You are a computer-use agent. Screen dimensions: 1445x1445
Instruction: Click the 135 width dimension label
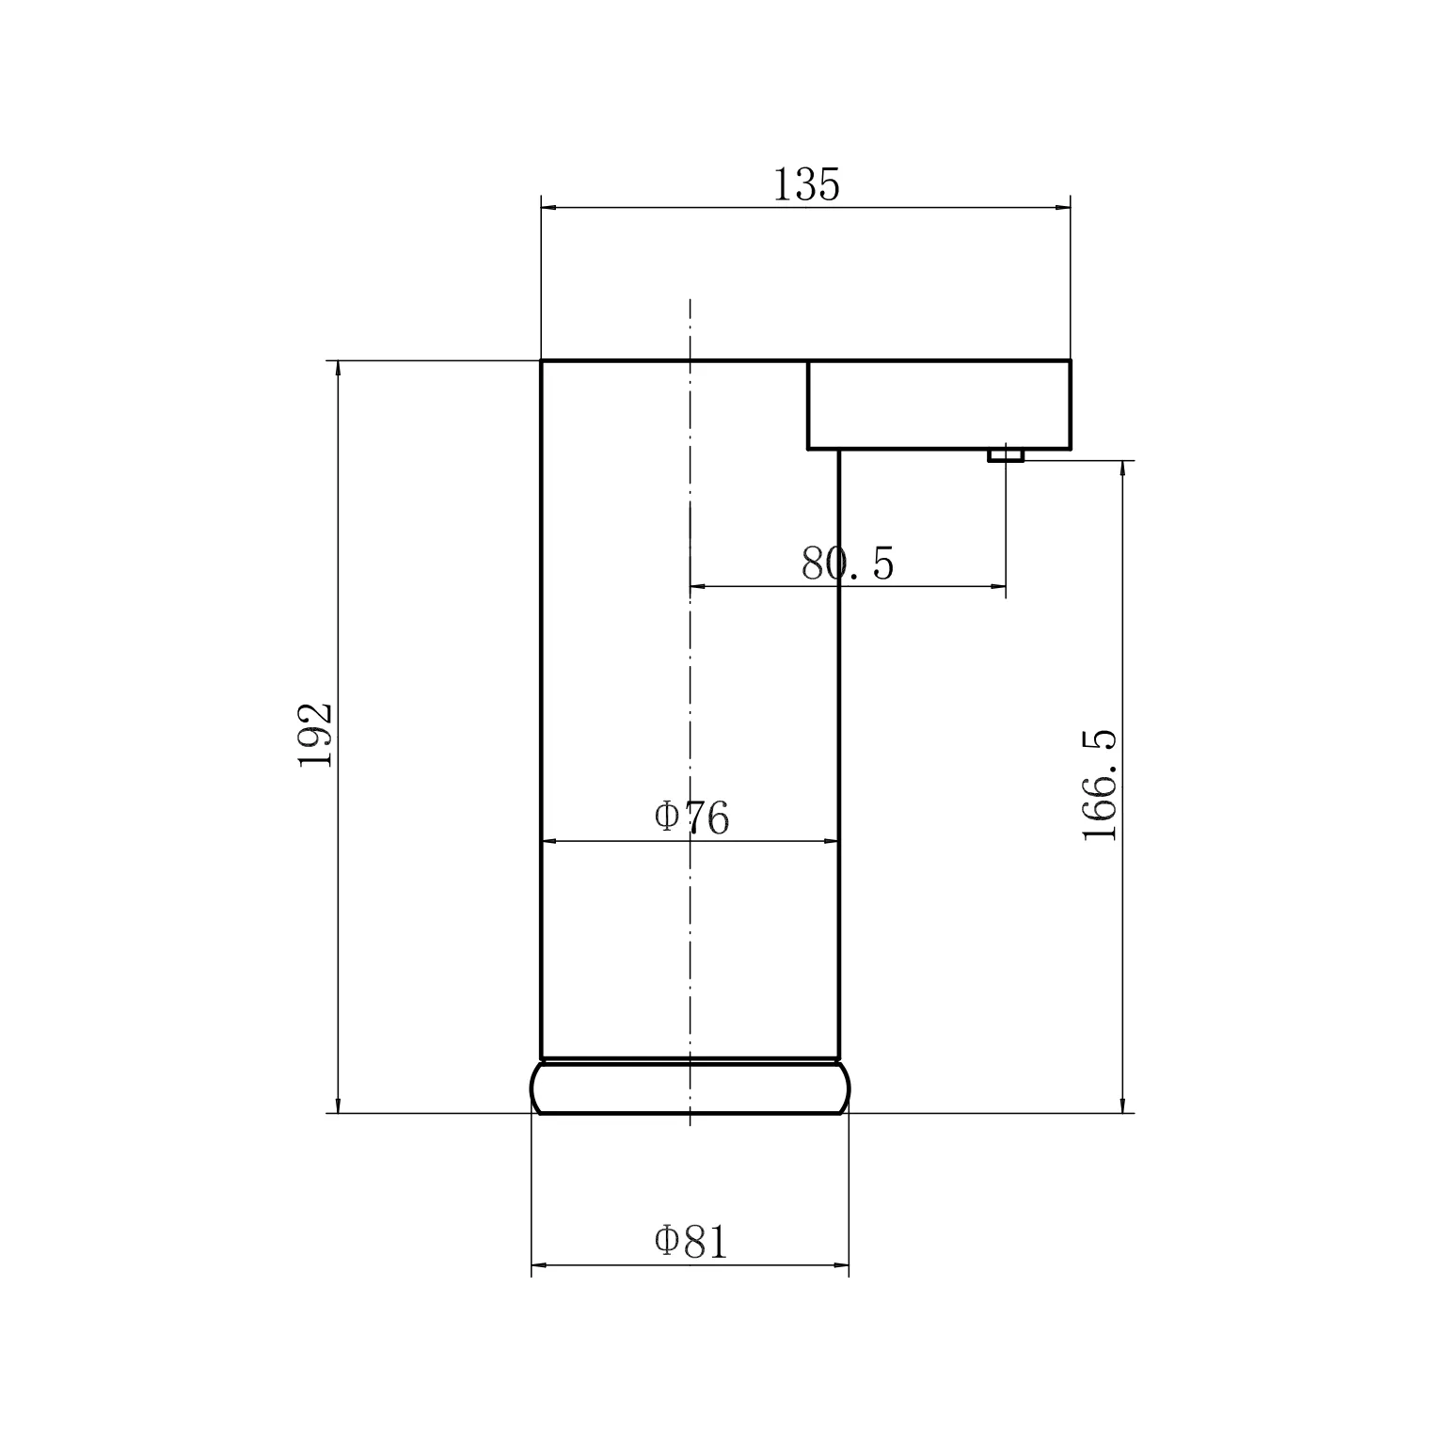pos(806,184)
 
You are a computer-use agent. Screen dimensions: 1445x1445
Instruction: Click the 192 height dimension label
pos(316,735)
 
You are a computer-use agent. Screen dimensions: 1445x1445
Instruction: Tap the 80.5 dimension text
pos(848,564)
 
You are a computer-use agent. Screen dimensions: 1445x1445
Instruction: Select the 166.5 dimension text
pos(1099,785)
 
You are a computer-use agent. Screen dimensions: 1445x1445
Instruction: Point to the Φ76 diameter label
pos(691,818)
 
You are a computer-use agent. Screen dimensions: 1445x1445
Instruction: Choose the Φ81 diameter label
pos(691,1242)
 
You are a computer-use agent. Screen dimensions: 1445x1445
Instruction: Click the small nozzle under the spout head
pos(1006,455)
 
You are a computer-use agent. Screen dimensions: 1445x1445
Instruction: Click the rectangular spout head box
pos(939,405)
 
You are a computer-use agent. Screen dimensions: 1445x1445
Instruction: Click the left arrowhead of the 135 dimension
pos(549,208)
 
